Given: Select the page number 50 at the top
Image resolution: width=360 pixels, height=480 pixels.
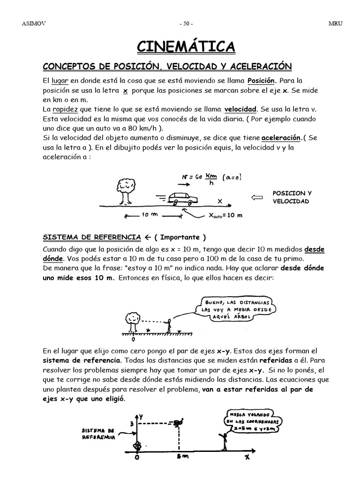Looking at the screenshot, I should click(186, 23).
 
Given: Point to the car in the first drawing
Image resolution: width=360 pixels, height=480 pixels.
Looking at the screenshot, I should click(181, 199).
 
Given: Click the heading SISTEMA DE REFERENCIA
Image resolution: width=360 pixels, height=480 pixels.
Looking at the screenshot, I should click(92, 237).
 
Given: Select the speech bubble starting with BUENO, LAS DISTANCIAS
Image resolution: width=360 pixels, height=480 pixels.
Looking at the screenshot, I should click(227, 309).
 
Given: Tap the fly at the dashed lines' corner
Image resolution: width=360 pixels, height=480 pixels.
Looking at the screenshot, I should click(177, 424).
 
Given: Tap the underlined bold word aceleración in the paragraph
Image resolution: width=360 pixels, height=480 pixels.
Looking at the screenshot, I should click(280, 138).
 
